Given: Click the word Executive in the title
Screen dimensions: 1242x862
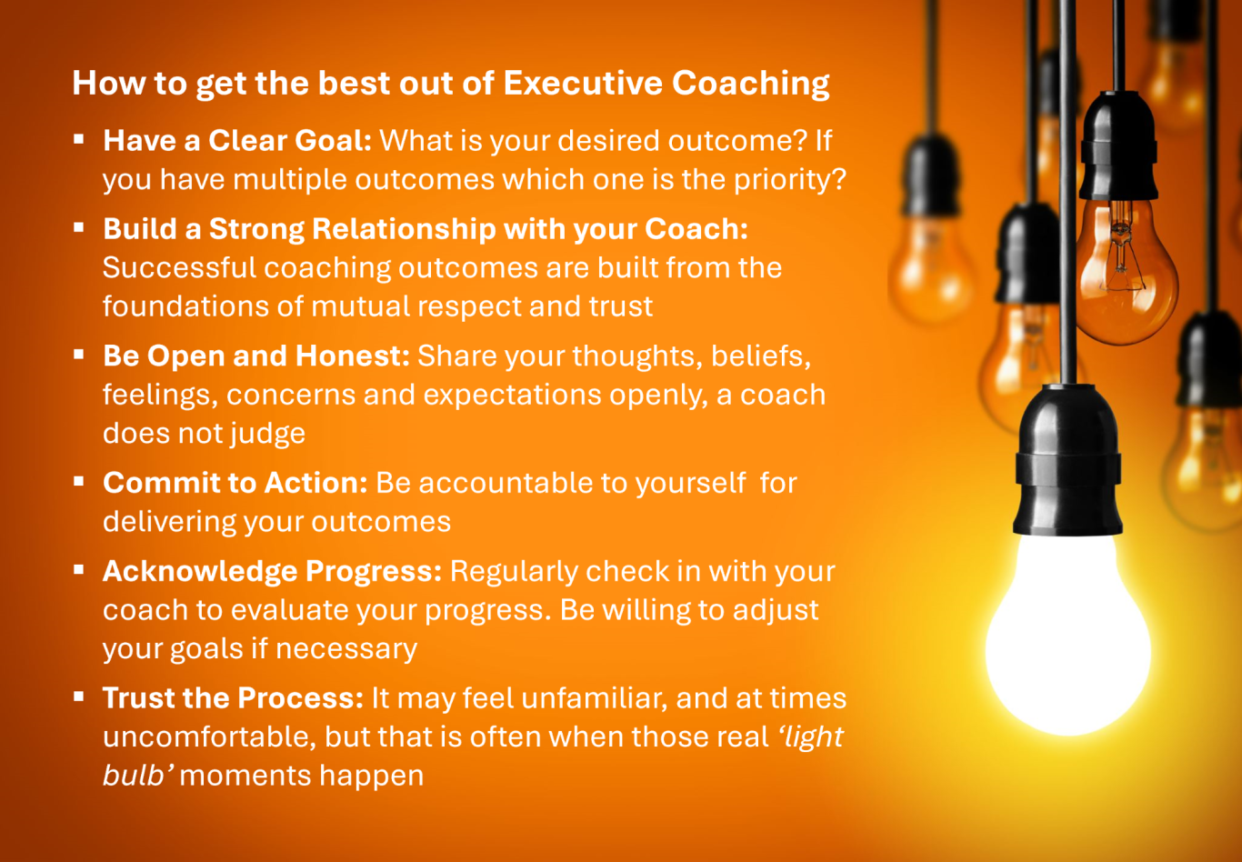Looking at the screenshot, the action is [583, 83].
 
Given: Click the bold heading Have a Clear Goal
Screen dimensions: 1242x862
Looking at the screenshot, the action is [236, 140].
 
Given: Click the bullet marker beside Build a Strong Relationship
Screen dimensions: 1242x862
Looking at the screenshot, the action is [79, 227].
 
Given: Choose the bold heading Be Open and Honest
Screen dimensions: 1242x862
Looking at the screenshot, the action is [256, 356].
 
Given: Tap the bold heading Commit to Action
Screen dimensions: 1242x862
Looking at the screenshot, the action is [235, 482].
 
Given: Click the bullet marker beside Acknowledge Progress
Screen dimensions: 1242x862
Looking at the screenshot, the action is [79, 569].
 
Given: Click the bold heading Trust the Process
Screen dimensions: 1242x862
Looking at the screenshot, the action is [233, 697].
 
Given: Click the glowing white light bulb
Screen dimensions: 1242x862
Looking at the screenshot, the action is [1068, 637].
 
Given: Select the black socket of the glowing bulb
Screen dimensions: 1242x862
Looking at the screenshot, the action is [1068, 460].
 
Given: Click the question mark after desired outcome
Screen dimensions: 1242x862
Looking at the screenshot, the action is [800, 140].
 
